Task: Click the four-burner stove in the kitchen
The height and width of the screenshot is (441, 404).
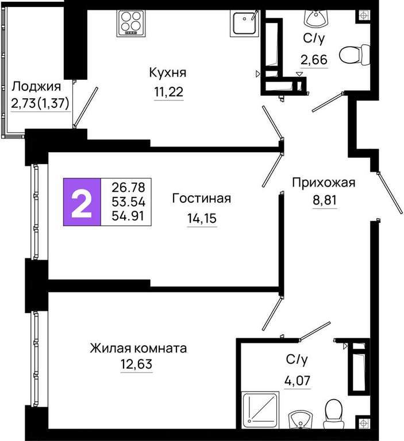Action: (x=131, y=23)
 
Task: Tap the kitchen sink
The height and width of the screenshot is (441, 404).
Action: (x=244, y=23)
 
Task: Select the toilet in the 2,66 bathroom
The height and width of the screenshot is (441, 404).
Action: (x=355, y=55)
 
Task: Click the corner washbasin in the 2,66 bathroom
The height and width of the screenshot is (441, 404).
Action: (x=315, y=18)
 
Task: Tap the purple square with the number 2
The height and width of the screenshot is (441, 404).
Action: (x=82, y=202)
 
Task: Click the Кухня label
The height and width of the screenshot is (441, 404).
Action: (x=168, y=73)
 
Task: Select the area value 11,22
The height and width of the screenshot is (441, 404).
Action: (x=168, y=92)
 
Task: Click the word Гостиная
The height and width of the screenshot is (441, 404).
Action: (x=201, y=198)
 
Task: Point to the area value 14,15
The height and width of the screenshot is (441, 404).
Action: (x=202, y=218)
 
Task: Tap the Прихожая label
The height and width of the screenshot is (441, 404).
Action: (x=324, y=183)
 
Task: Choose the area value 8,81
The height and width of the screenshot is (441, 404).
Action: (x=325, y=200)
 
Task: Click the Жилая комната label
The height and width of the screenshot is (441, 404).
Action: (x=138, y=348)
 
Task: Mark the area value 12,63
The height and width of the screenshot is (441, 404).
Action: (x=137, y=364)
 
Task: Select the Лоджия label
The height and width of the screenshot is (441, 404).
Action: (x=36, y=87)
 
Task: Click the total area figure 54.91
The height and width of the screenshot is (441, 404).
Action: (x=128, y=216)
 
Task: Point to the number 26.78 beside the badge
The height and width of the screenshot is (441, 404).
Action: (x=128, y=187)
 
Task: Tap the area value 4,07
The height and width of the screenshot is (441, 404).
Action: (x=297, y=381)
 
